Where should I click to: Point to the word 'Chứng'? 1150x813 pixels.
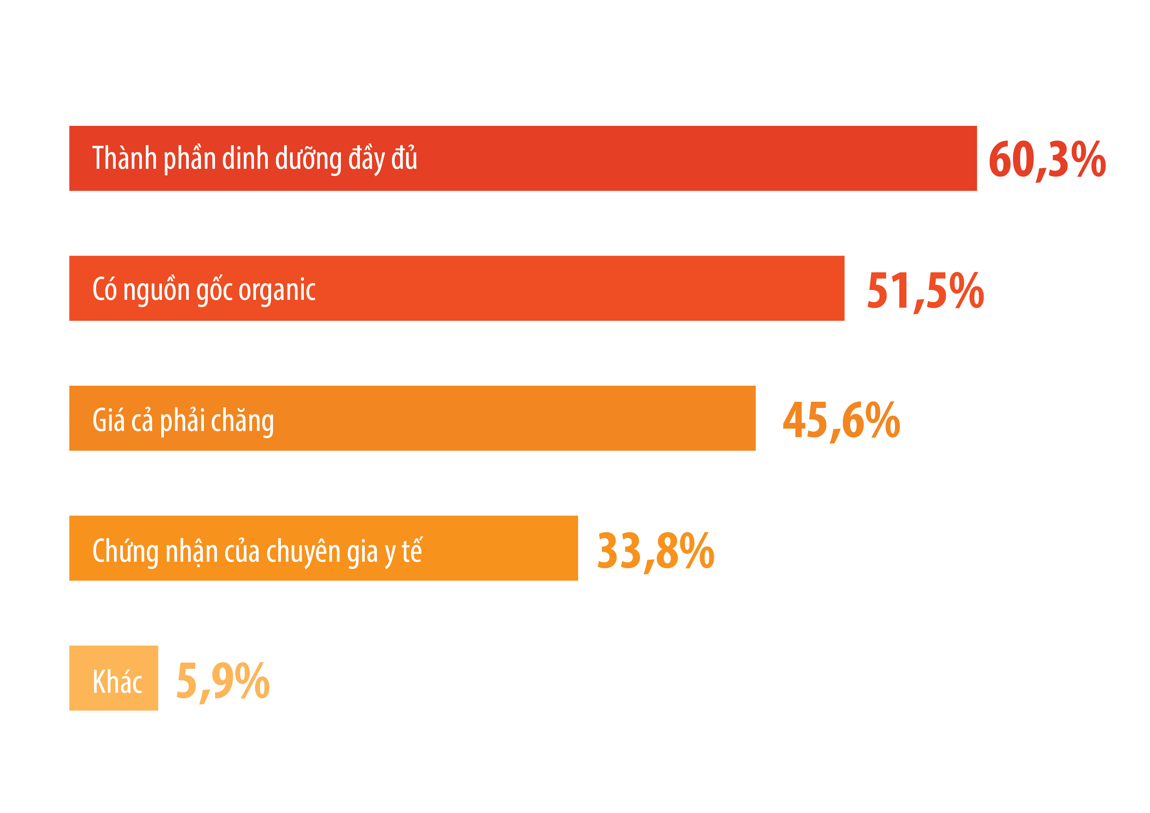[x=125, y=551]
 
